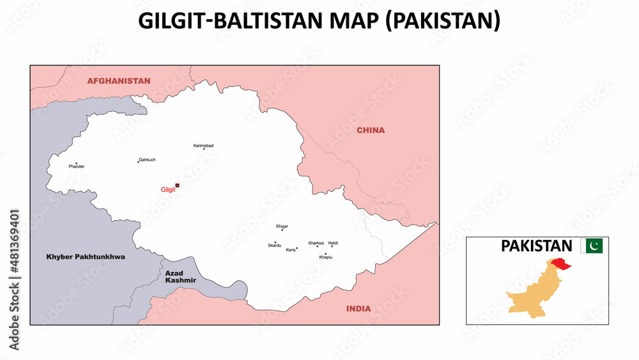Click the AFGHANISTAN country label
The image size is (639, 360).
click(119, 81)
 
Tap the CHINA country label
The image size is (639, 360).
click(371, 130)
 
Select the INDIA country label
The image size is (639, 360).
click(358, 309)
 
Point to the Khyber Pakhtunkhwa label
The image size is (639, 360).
click(86, 257)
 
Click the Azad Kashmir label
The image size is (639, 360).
click(180, 277)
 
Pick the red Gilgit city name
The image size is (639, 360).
click(167, 189)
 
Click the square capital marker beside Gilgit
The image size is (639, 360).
click(178, 185)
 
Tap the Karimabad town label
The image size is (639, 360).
click(203, 146)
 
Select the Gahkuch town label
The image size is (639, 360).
click(148, 159)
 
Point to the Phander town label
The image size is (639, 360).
click(77, 167)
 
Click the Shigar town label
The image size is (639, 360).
click(282, 226)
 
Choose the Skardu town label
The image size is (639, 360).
click(274, 246)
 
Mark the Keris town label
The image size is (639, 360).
click(291, 249)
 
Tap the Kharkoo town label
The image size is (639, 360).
click(316, 243)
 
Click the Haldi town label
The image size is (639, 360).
click(333, 243)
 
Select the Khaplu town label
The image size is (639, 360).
click(325, 257)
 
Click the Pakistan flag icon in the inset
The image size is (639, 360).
click(592, 246)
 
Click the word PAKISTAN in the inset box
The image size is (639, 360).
click(536, 246)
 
